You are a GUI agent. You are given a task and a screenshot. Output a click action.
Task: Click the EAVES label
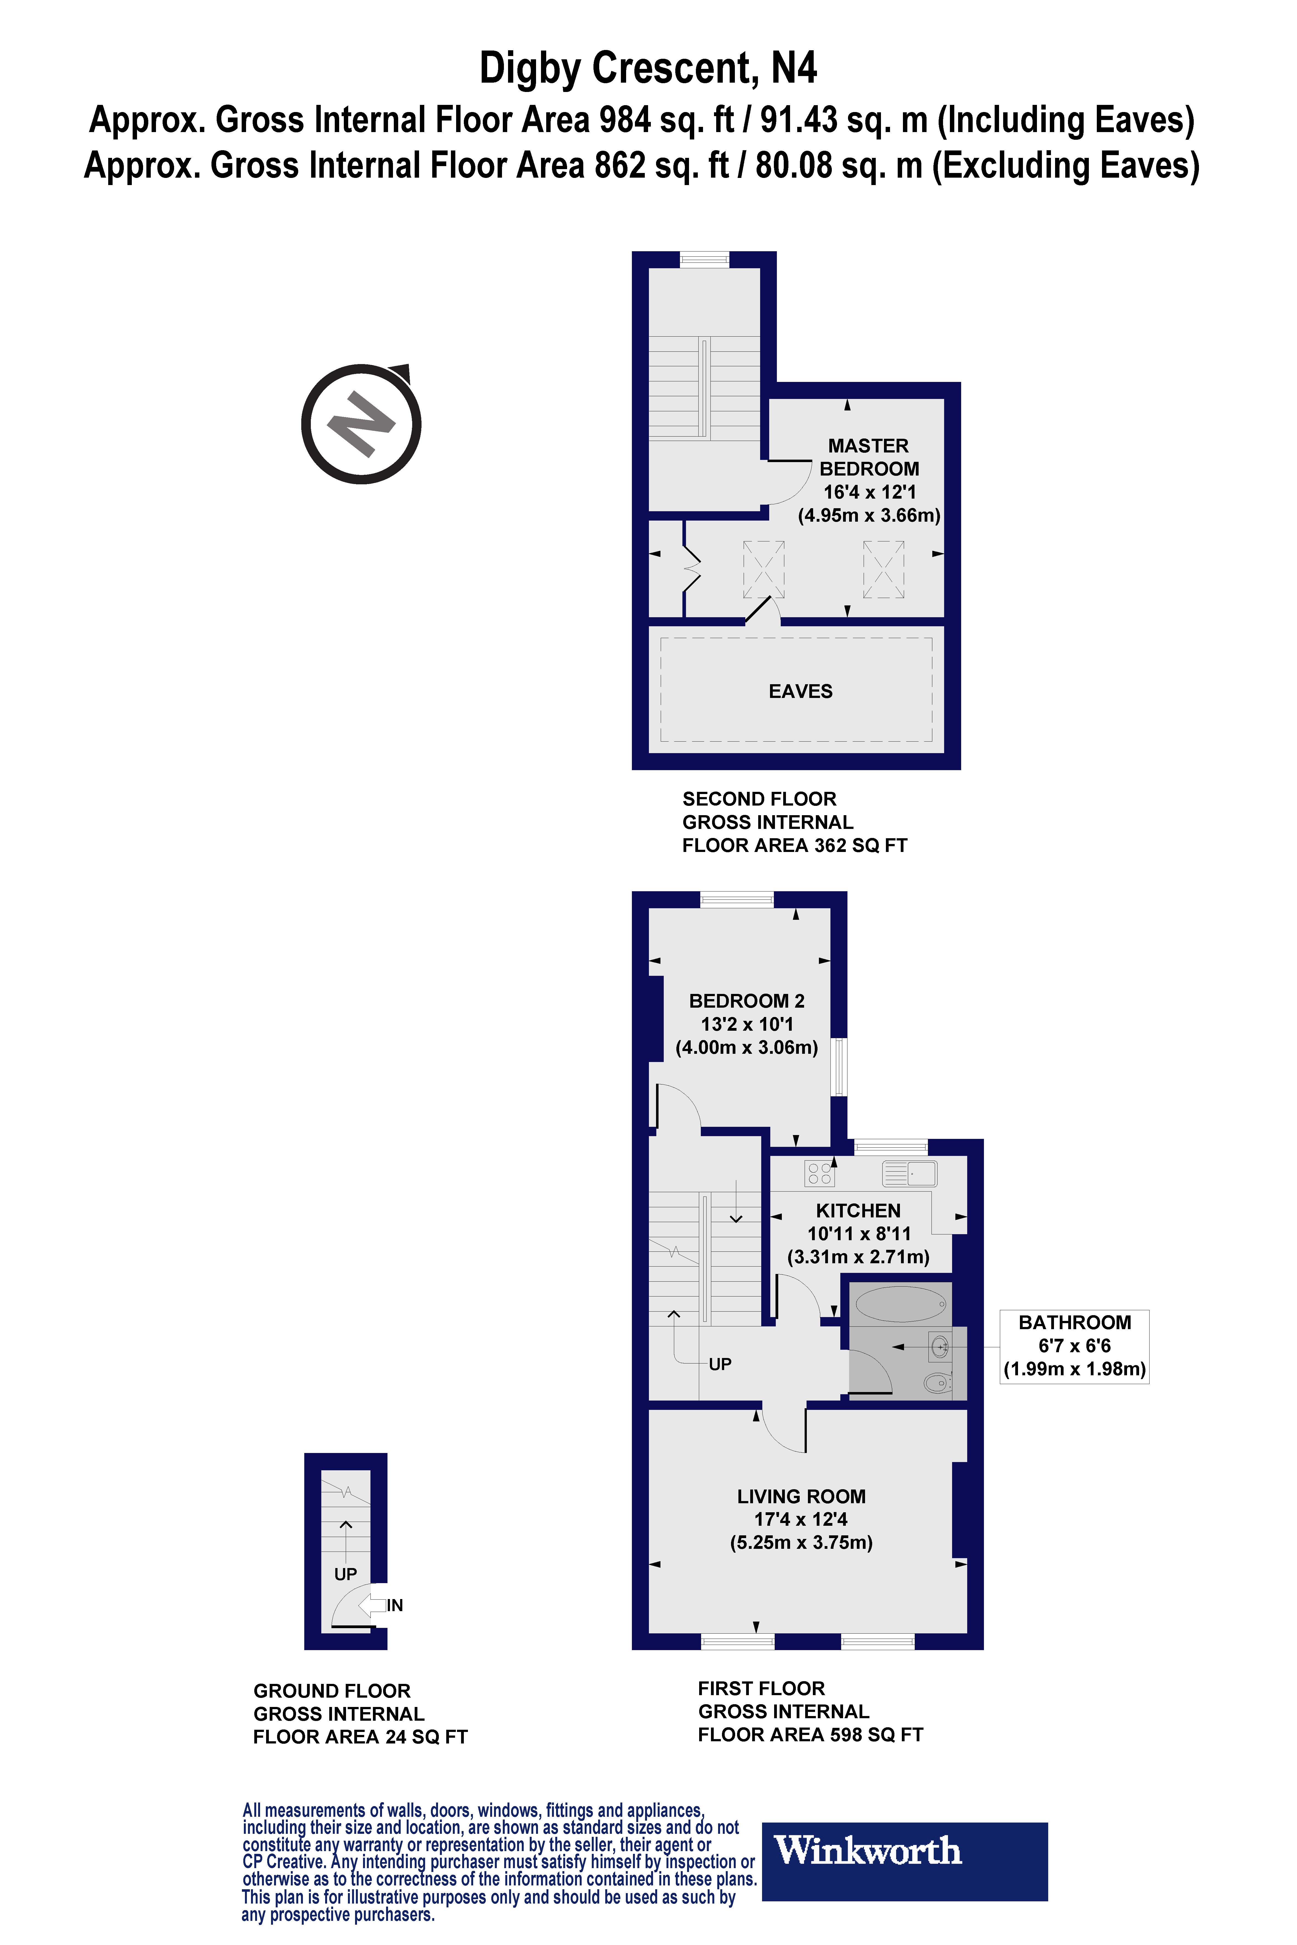[x=800, y=691]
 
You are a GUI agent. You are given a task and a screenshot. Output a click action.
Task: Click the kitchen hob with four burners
[x=820, y=1173]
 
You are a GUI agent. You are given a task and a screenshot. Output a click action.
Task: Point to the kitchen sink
[x=909, y=1173]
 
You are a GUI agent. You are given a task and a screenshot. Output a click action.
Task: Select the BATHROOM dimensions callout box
[x=1074, y=1345]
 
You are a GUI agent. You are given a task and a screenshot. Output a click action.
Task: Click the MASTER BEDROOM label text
[x=869, y=457]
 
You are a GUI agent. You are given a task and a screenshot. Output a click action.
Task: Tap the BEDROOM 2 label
[x=746, y=1001]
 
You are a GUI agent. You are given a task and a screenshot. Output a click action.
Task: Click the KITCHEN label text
[x=858, y=1211]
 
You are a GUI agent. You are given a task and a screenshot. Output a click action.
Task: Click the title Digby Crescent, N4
[x=648, y=68]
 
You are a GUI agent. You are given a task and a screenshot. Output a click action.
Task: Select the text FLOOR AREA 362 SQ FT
[x=794, y=845]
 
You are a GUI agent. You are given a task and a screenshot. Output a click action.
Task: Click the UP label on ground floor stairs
[x=345, y=1574]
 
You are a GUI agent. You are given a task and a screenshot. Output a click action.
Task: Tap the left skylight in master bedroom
[x=763, y=569]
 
